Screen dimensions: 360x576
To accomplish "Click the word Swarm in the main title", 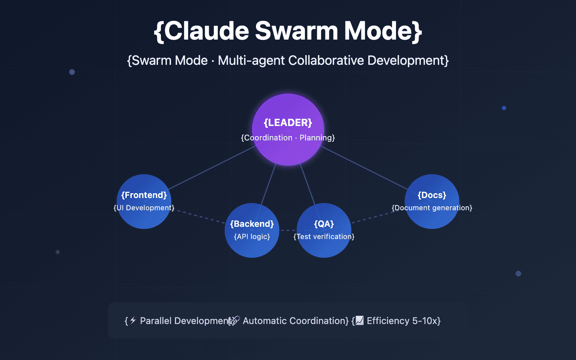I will [296, 31].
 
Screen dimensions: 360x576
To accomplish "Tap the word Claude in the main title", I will [207, 31].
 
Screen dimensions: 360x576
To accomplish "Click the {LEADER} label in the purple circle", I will [288, 123].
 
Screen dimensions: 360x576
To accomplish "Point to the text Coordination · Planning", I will [288, 138].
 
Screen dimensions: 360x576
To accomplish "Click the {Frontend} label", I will [144, 195].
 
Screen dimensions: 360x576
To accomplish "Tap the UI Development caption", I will [144, 208].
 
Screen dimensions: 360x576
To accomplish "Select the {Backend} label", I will [252, 224].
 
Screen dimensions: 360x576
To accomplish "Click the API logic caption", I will [252, 237].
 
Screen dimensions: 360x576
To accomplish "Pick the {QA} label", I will [324, 224].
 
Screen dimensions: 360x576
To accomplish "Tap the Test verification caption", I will [324, 237].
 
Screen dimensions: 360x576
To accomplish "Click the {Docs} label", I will [432, 195].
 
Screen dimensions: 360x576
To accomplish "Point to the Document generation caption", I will [432, 208].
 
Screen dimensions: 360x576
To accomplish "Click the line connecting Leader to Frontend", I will [212, 167].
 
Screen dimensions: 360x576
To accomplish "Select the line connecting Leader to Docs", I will [364, 167].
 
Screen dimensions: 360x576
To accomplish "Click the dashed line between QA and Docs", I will [373, 217].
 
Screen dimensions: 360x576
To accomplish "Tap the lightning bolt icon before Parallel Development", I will [133, 320].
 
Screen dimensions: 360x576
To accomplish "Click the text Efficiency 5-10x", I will [403, 321].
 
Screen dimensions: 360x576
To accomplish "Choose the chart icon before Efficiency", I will [360, 320].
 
